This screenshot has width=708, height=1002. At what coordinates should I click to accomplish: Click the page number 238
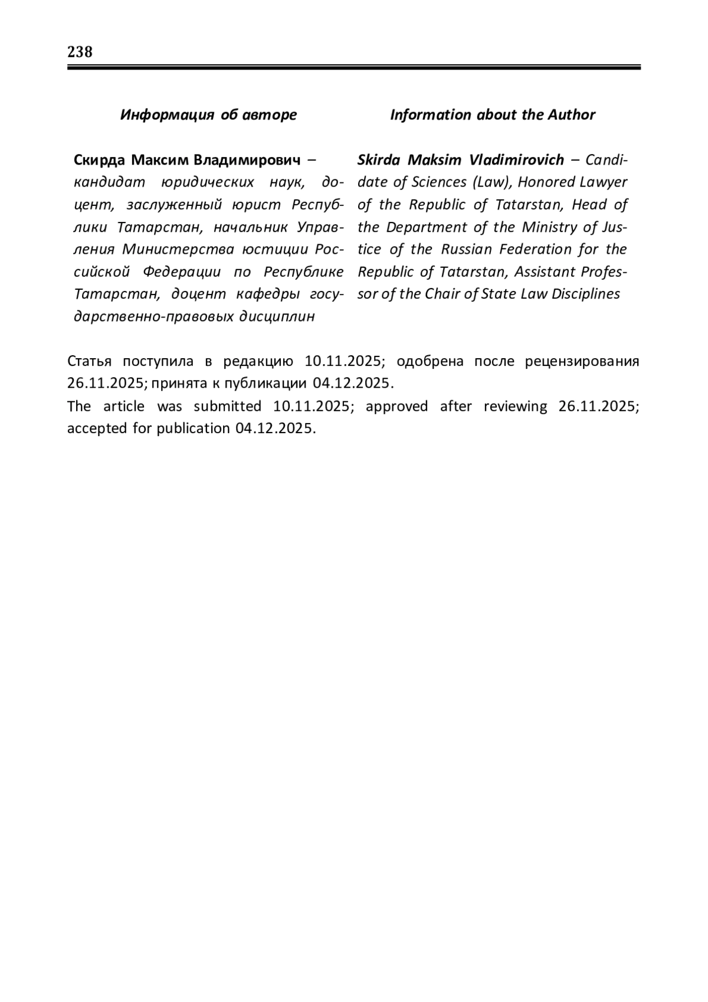pos(80,52)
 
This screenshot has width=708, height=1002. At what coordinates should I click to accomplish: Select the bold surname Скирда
pos(99,160)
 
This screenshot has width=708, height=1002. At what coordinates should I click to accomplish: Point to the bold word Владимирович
pos(247,160)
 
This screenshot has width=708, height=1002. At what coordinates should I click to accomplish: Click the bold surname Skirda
pos(379,160)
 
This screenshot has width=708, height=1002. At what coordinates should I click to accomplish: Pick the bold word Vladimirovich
pos(516,160)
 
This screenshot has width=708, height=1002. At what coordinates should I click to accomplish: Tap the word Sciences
pos(439,182)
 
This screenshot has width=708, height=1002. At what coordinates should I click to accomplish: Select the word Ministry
pos(550,227)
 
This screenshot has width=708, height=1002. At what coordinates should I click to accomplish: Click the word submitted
pos(227,407)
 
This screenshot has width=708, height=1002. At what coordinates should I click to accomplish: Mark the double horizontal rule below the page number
pos(354,68)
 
